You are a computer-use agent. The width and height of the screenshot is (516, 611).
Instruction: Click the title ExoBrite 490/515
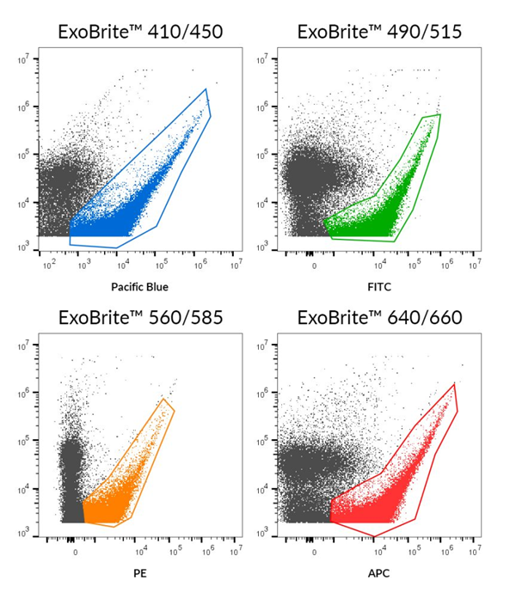click(379, 33)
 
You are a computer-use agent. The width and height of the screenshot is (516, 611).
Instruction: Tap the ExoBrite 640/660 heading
click(379, 318)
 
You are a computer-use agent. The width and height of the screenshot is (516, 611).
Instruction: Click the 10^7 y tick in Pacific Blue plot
click(25, 60)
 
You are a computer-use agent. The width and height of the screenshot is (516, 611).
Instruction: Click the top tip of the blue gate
click(206, 89)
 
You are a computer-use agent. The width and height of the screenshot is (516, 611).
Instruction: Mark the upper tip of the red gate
click(453, 383)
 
